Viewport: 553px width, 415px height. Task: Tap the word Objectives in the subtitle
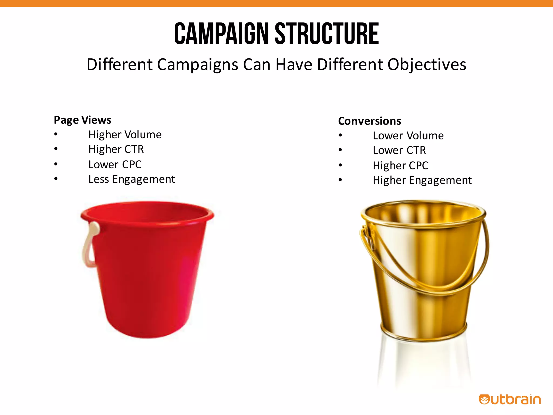[x=427, y=65]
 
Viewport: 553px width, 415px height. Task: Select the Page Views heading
[x=82, y=120]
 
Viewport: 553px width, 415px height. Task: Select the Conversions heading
[x=369, y=121]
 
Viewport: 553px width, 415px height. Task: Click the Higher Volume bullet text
[x=125, y=135]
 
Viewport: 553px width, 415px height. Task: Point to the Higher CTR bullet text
[x=116, y=149]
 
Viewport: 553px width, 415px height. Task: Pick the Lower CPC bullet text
[x=115, y=164]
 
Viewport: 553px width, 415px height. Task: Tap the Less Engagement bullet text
[x=131, y=179]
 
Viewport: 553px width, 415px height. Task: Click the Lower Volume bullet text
[x=408, y=136]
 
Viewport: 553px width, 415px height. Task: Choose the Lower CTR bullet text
[x=399, y=150]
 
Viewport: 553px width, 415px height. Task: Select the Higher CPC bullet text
[x=400, y=165]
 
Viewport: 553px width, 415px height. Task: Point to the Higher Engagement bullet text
[x=422, y=180]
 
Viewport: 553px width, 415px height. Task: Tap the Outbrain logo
[x=510, y=400]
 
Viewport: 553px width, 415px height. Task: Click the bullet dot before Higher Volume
[x=56, y=134]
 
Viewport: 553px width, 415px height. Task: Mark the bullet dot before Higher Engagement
[x=340, y=180]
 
